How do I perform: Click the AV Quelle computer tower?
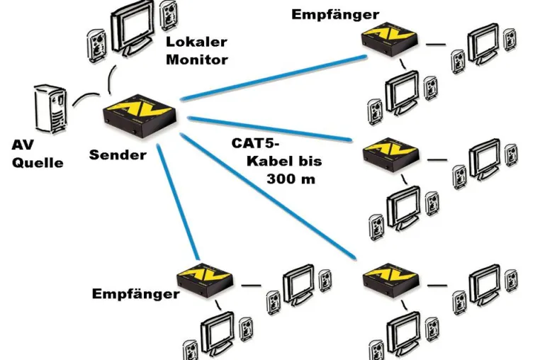point(50,108)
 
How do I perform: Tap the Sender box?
point(140,116)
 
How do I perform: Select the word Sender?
point(118,155)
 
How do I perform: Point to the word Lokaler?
point(196,42)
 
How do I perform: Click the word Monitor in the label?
point(197,60)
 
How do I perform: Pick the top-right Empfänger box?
point(390,38)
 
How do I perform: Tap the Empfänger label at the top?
point(335,15)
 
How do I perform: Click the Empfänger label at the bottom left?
point(135,294)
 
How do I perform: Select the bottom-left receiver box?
point(206,280)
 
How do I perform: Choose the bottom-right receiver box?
point(391,280)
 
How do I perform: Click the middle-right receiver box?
point(391,154)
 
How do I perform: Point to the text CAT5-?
point(255,143)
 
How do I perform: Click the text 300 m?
point(291,179)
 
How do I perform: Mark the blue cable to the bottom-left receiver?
point(178,201)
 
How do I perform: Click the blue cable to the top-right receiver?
point(274,78)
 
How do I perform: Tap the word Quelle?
point(38,163)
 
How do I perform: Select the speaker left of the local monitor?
point(97,46)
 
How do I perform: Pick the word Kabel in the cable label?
point(269,162)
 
